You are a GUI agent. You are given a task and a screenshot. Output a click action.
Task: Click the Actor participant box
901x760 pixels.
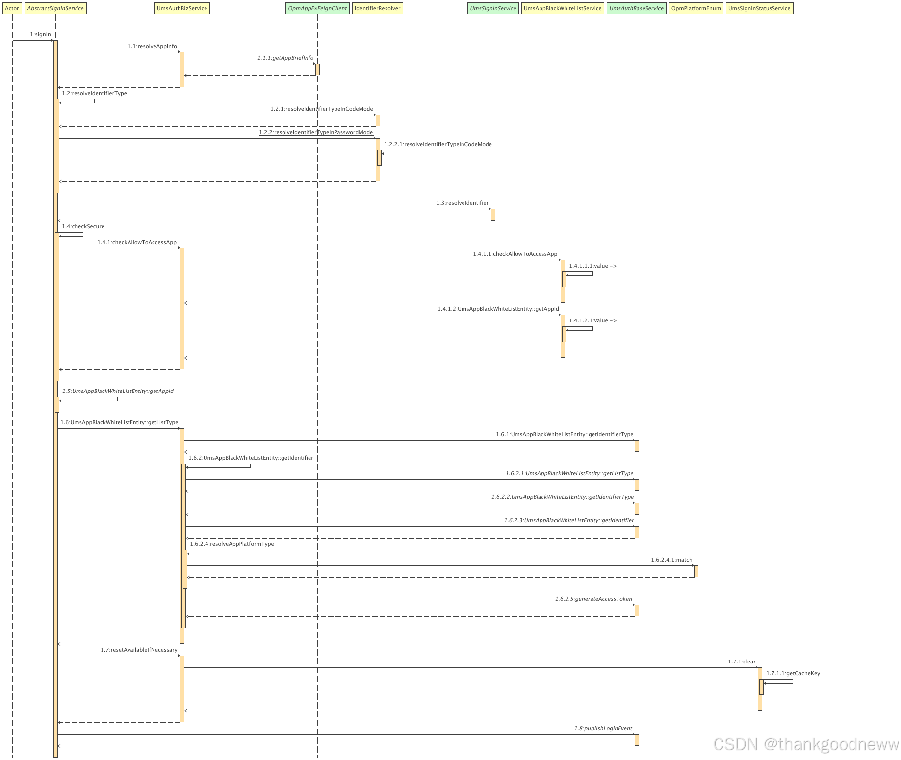(12, 8)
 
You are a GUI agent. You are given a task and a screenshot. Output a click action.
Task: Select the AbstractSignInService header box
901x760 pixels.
(55, 8)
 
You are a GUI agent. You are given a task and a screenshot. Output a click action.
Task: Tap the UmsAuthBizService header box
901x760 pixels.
(182, 8)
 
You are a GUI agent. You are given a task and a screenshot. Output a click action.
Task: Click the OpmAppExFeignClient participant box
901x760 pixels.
(317, 8)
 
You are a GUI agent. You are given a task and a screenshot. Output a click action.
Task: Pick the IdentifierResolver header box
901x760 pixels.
(377, 8)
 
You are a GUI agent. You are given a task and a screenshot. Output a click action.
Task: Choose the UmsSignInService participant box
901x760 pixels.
(493, 8)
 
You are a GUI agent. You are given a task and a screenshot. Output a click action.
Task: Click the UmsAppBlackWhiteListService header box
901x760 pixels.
(563, 8)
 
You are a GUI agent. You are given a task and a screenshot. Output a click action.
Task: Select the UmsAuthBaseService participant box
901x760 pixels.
(636, 8)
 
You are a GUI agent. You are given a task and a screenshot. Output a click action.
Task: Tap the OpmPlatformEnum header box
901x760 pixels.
(696, 8)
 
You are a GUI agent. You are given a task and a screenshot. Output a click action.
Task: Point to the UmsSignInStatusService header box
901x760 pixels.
(759, 8)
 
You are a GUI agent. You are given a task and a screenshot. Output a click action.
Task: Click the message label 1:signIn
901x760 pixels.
(40, 34)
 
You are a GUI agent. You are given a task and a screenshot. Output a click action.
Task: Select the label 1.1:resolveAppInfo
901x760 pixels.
(152, 46)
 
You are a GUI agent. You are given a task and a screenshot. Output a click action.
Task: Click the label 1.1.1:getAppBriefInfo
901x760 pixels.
(285, 58)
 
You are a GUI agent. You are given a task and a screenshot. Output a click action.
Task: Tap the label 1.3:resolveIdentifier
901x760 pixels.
(462, 203)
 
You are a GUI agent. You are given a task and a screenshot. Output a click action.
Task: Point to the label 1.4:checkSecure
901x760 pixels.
(83, 226)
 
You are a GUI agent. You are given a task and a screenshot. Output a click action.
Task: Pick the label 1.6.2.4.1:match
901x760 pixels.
(671, 560)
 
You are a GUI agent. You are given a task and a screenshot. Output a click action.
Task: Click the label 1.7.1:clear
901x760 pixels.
(742, 662)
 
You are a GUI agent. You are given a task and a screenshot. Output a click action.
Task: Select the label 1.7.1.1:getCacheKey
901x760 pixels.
(793, 673)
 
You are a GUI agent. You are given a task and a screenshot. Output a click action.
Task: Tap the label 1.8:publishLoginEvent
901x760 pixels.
(603, 728)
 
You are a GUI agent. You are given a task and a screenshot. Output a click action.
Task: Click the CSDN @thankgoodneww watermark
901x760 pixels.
(805, 744)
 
